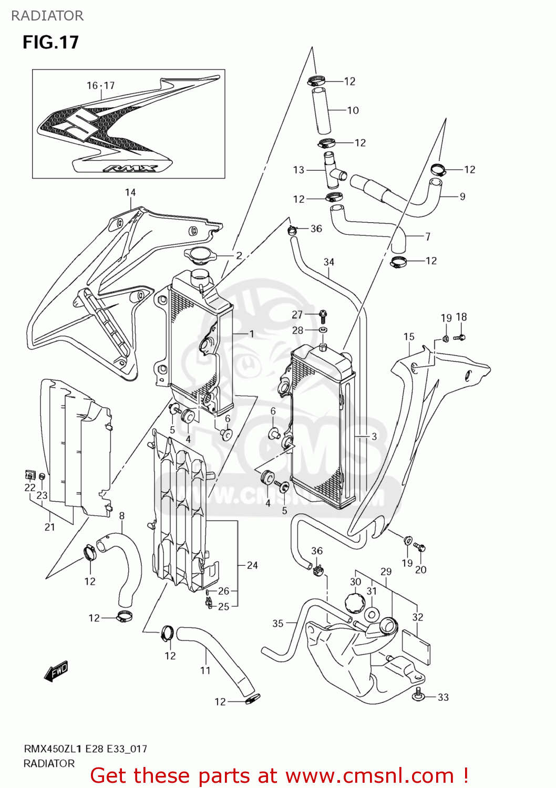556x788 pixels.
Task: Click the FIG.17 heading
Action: pyautogui.click(x=50, y=42)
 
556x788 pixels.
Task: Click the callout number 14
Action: pyautogui.click(x=130, y=192)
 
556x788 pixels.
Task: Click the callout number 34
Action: pyautogui.click(x=329, y=262)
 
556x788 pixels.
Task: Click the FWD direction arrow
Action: pyautogui.click(x=56, y=671)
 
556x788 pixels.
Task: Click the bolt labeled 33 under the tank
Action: pyautogui.click(x=419, y=694)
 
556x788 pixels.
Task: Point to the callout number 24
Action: pyautogui.click(x=252, y=565)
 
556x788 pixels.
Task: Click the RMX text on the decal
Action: pyautogui.click(x=130, y=168)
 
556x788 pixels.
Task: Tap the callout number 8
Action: pyautogui.click(x=122, y=515)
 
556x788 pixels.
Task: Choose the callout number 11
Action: pyautogui.click(x=205, y=670)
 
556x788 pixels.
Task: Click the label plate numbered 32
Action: pyautogui.click(x=416, y=647)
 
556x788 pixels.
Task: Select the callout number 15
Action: pyautogui.click(x=409, y=336)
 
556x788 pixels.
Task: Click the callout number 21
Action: pyautogui.click(x=49, y=527)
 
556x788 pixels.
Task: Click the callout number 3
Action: pyautogui.click(x=374, y=437)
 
